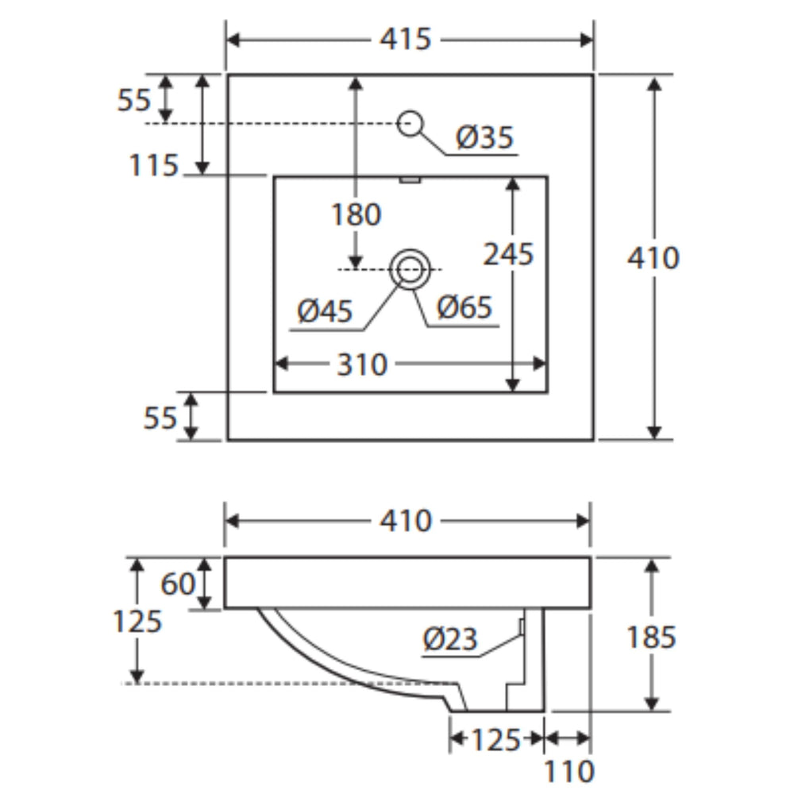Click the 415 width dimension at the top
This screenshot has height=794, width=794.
(x=405, y=39)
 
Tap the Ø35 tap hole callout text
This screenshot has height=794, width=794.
(x=484, y=137)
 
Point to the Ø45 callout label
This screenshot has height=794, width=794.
(x=325, y=310)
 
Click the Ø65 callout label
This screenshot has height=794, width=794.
(x=464, y=306)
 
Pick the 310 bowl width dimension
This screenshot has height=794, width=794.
(x=362, y=364)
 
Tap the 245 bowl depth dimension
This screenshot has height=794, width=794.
(x=508, y=254)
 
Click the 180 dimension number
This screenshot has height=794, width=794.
(x=356, y=214)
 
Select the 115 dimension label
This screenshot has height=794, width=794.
(x=153, y=165)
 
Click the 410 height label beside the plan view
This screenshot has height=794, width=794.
(x=653, y=258)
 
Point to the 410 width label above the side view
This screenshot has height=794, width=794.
(x=406, y=521)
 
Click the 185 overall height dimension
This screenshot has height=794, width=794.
(x=651, y=637)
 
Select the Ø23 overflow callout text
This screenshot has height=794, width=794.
(x=449, y=639)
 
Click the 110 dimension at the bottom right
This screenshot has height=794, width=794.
(x=569, y=771)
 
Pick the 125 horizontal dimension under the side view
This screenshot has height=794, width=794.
(x=495, y=740)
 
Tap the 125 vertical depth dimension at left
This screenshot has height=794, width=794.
(x=137, y=621)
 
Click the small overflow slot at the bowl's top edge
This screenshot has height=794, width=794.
(x=410, y=179)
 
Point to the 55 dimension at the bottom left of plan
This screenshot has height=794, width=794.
(x=160, y=418)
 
